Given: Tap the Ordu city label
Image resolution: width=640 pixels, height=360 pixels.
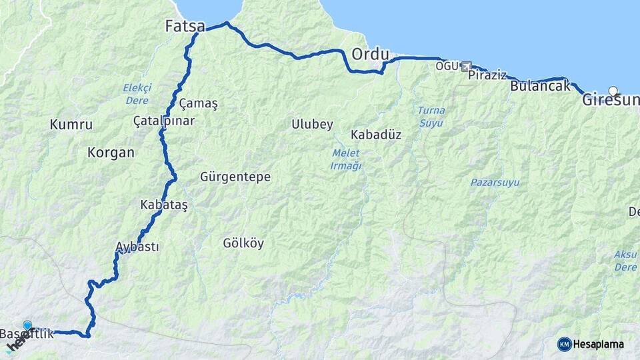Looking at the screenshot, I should [370, 53].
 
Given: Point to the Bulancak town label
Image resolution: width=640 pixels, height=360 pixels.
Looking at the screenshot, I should [541, 86].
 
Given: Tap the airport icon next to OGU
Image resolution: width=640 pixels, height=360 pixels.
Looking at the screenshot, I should [465, 66].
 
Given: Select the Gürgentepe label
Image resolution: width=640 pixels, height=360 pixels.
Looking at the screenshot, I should [235, 177].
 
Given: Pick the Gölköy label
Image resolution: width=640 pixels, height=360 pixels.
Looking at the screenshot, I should [243, 243].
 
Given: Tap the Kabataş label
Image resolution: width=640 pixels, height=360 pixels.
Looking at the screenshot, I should [164, 205].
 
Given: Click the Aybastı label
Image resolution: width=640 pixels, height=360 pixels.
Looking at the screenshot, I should [137, 247].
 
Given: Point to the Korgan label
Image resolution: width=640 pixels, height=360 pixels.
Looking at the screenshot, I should [111, 152].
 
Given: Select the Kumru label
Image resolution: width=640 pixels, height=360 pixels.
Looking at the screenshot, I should [71, 124].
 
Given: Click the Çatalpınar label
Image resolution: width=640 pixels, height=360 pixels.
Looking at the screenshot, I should [164, 121].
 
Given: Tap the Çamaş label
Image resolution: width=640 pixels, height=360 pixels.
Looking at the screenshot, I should [199, 103].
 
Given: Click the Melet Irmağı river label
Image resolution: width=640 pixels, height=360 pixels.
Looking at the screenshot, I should [346, 159].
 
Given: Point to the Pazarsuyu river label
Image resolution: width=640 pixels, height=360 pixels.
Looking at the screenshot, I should [495, 182].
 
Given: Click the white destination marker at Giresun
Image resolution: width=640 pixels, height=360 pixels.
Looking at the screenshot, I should [613, 91].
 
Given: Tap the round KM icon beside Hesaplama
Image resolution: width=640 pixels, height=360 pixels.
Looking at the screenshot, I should [564, 344].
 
